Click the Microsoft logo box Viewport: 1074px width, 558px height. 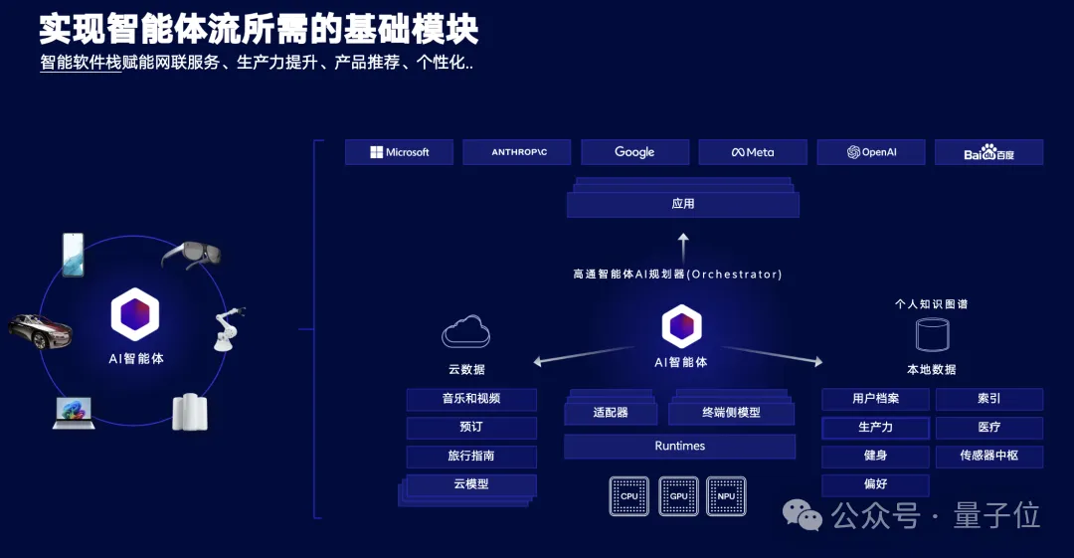click(399, 152)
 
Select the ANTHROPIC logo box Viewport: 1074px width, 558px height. click(518, 152)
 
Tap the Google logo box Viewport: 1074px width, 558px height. click(634, 152)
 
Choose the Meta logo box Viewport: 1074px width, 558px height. click(753, 152)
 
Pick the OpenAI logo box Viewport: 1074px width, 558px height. click(871, 152)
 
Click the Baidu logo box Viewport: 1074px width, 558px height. click(988, 153)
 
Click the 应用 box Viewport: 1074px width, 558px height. click(683, 204)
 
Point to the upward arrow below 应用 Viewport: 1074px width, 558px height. click(683, 247)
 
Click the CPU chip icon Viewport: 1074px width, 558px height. click(629, 495)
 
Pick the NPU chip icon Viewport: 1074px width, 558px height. click(726, 495)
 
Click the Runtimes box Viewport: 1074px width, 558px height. click(679, 447)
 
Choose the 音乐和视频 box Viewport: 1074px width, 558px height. click(471, 399)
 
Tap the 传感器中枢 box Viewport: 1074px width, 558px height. click(988, 456)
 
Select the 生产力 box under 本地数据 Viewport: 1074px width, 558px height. click(875, 428)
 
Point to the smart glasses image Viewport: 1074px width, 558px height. click(191, 255)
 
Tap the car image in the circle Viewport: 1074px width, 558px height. click(40, 330)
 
